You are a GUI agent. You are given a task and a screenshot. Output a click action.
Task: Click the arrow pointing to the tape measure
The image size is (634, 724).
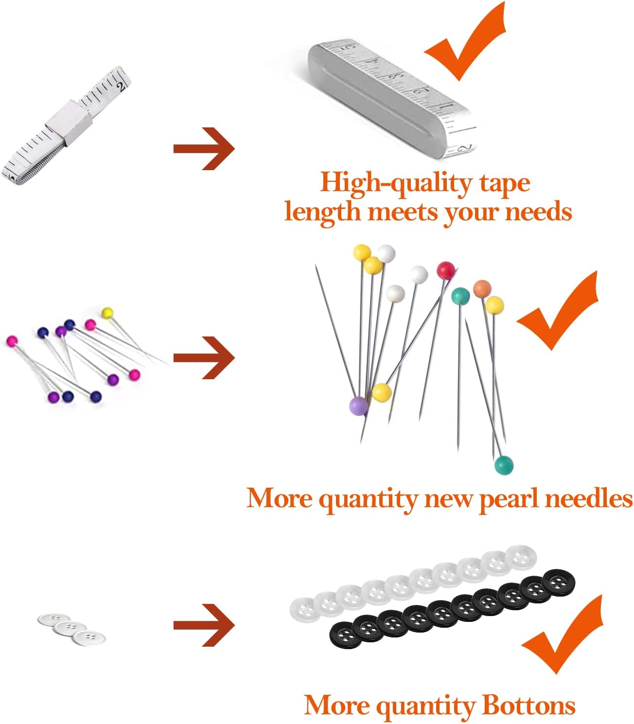(x=204, y=148)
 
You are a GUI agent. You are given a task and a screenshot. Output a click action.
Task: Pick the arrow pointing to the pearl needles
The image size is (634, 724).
(x=204, y=358)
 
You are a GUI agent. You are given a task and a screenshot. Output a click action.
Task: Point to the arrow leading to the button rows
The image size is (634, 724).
(x=204, y=625)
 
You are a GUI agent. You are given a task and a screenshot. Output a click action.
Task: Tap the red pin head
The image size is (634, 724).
(x=445, y=270)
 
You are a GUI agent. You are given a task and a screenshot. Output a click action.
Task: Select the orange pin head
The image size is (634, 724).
(x=482, y=288)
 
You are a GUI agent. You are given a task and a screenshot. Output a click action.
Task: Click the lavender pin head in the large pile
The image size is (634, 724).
(x=358, y=406)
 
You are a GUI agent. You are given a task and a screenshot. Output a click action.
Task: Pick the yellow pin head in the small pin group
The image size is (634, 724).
(x=107, y=312)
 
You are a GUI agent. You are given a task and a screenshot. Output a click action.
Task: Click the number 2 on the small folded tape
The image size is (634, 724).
(x=121, y=87)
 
